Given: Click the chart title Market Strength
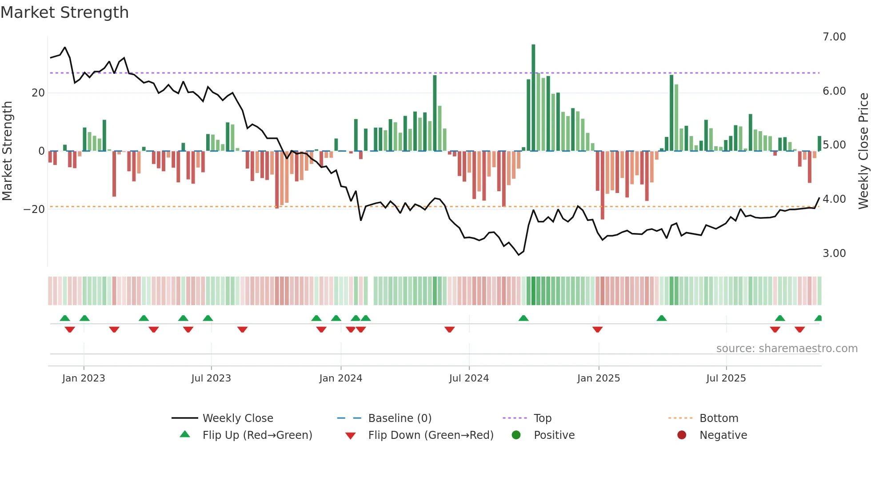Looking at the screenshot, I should coord(64,12).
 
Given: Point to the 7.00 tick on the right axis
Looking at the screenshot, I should coord(834,37).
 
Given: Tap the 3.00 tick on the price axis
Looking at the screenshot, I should coord(834,253).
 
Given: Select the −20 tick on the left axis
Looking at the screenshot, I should coord(34,209).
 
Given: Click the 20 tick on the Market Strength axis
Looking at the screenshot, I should coord(38,93).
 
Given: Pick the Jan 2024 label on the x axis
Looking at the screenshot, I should coord(340,378).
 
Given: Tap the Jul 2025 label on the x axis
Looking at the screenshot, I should coord(726,378).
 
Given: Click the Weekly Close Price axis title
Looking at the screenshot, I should coord(863,151).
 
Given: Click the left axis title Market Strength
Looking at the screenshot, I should coord(8,151).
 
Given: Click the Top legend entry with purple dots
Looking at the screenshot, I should coord(542,418).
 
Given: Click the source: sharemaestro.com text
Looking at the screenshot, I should coord(787,349).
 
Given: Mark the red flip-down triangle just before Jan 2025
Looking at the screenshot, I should coord(597,329).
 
